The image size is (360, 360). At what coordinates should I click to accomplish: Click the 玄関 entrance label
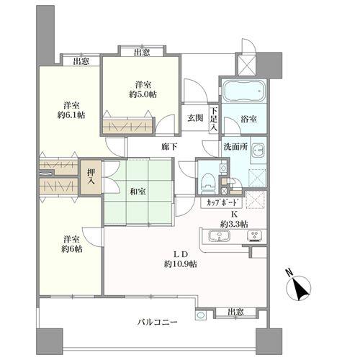(194, 118)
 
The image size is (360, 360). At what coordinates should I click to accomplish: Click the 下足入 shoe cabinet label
(214, 120)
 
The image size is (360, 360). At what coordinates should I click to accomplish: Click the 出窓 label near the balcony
(232, 312)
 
